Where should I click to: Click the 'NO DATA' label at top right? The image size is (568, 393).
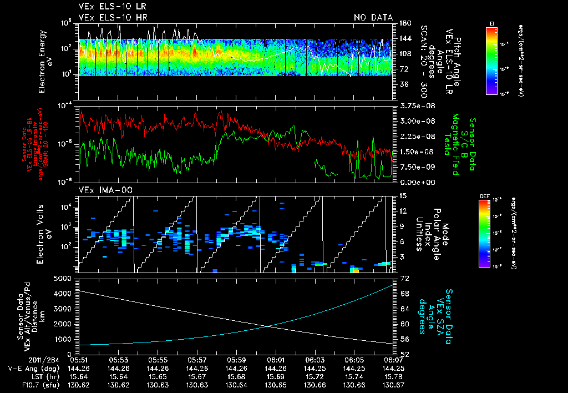pyautogui.click(x=373, y=18)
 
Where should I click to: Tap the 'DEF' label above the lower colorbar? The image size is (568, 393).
pyautogui.click(x=491, y=196)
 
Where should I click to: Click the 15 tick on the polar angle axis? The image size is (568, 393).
pyautogui.click(x=400, y=195)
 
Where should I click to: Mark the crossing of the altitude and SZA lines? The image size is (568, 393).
pyautogui.click(x=269, y=326)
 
